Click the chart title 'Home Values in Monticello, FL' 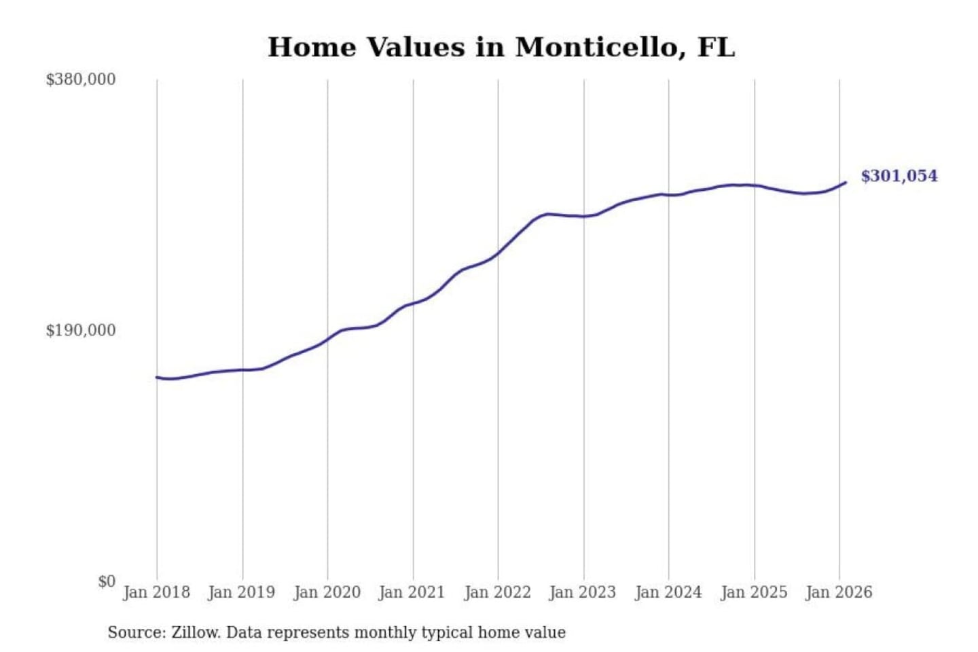click(x=501, y=47)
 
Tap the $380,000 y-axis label click(x=81, y=79)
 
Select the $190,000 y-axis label click(x=81, y=330)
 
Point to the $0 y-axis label click(x=107, y=581)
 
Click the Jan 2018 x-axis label click(x=156, y=592)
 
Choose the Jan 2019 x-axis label click(x=241, y=592)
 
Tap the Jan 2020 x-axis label click(x=327, y=592)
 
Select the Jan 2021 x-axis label click(x=412, y=592)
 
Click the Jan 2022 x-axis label click(x=497, y=592)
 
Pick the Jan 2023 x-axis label click(x=582, y=592)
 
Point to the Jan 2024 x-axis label click(x=668, y=592)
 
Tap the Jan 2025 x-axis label click(x=753, y=592)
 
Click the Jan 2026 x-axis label click(x=838, y=592)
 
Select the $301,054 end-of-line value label click(x=899, y=176)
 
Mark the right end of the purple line click(x=846, y=182)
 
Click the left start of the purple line click(x=157, y=377)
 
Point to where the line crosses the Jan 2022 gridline click(x=498, y=253)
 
